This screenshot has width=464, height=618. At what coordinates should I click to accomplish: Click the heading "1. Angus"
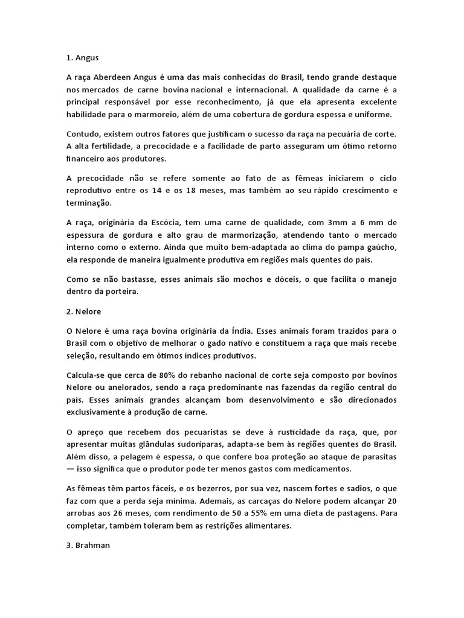point(82,59)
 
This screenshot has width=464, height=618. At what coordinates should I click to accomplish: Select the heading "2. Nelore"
point(83,311)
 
